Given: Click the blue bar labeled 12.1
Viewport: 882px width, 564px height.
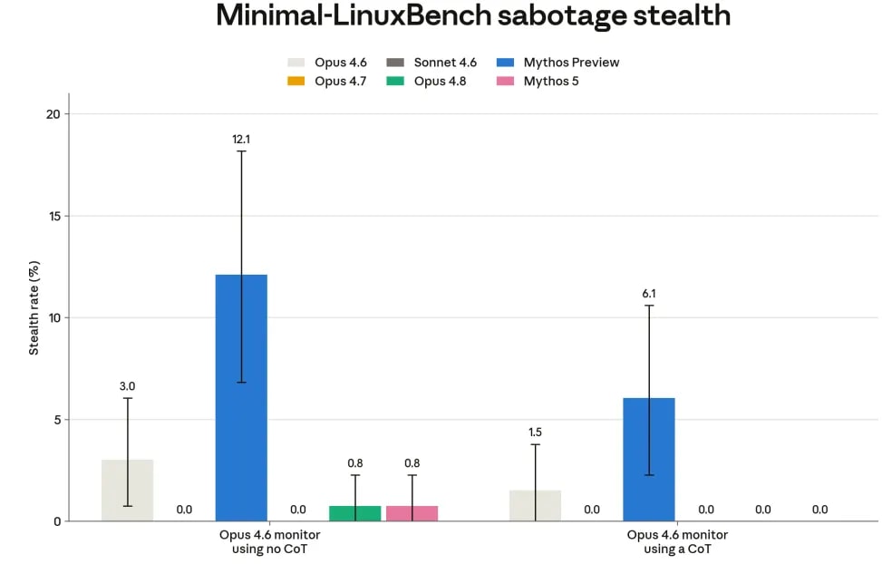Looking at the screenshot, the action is point(241,398).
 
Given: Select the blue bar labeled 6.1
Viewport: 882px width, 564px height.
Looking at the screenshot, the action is point(648,460).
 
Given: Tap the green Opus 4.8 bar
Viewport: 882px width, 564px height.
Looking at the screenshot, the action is point(355,513).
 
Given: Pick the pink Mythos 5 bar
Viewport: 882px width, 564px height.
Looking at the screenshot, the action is point(412,513).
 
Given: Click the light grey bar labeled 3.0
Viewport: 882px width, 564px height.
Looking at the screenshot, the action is point(127,491).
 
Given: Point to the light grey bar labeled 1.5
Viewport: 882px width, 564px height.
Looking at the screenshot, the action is point(535,505).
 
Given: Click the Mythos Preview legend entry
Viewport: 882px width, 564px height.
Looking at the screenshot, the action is point(557,63).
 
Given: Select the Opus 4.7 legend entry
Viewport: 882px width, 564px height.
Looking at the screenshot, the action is point(327,81).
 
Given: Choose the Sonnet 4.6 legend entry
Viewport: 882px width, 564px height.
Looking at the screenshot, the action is point(431,63).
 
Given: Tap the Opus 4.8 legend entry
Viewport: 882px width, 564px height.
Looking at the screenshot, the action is point(426,81).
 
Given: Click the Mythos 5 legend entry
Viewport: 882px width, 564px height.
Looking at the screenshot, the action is point(538,81).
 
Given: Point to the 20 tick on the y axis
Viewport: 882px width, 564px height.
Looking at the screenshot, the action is point(53,114).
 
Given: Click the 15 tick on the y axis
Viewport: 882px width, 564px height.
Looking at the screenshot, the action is point(54,216).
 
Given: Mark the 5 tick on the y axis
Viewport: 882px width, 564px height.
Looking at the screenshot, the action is point(57,420).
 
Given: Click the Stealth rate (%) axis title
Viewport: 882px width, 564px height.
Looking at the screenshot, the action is point(34,308).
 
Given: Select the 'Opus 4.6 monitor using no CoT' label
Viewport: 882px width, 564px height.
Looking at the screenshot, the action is point(269,541).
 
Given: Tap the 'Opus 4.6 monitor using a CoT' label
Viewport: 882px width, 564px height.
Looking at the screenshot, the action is point(677,541).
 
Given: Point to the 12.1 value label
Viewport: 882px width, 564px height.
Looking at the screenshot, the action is point(241,139).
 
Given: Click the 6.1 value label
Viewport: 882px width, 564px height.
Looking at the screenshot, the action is point(648,293).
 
